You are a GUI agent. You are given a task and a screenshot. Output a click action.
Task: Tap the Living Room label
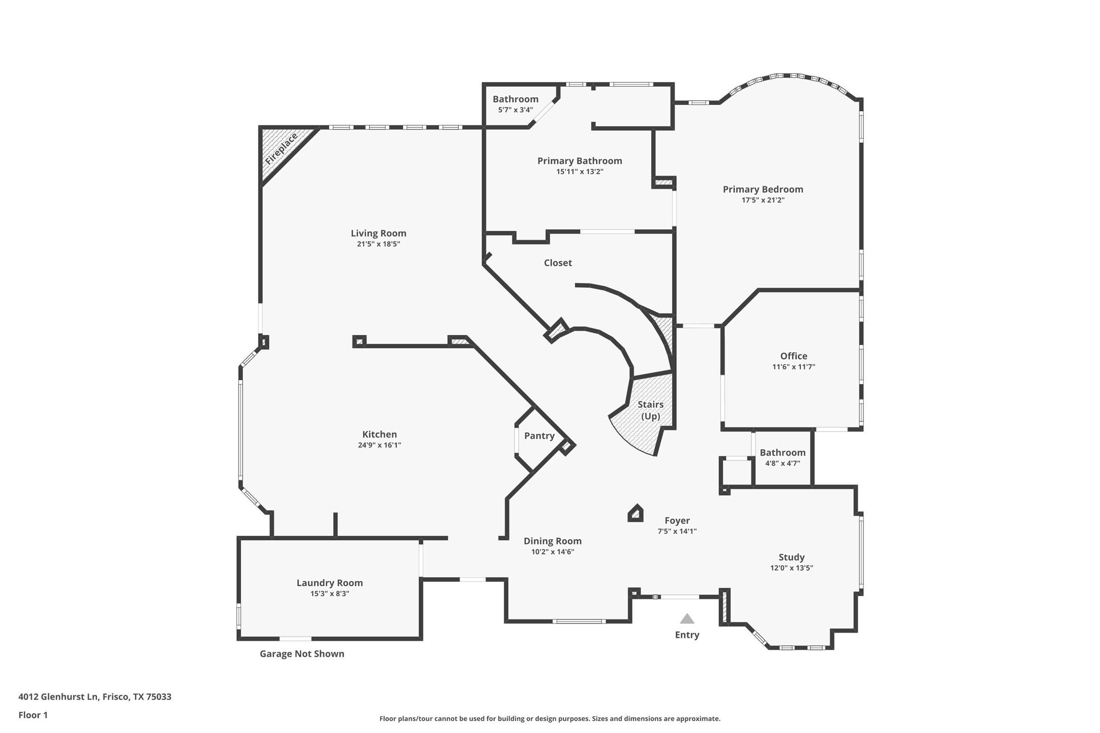pyautogui.click(x=378, y=233)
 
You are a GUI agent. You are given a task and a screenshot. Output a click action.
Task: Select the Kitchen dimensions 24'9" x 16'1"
pyautogui.click(x=379, y=445)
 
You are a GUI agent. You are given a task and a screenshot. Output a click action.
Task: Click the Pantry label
pyautogui.click(x=539, y=436)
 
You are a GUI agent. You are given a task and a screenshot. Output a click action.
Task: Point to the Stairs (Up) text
pyautogui.click(x=650, y=410)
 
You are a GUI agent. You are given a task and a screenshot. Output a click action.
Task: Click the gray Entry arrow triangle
pyautogui.click(x=687, y=619)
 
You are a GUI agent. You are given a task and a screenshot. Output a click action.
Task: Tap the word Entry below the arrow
pyautogui.click(x=687, y=635)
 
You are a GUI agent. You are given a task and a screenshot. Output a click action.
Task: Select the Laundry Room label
pyautogui.click(x=330, y=583)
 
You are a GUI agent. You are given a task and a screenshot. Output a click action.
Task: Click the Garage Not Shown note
pyautogui.click(x=302, y=654)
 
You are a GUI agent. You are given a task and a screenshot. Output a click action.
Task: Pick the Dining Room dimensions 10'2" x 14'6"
pyautogui.click(x=553, y=552)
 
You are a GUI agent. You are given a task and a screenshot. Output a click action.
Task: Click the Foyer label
pyautogui.click(x=677, y=520)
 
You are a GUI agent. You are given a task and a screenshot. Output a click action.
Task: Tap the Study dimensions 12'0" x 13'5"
pyautogui.click(x=792, y=568)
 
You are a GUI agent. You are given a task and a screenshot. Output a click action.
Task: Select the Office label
pyautogui.click(x=794, y=356)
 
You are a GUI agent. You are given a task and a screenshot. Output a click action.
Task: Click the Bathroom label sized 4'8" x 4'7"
pyautogui.click(x=782, y=453)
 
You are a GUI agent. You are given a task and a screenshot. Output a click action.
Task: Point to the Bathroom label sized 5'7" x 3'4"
pyautogui.click(x=516, y=99)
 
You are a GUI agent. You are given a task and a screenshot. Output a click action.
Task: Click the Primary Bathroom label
pyautogui.click(x=579, y=161)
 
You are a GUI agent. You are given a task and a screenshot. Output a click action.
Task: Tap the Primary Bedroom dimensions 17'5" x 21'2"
pyautogui.click(x=763, y=200)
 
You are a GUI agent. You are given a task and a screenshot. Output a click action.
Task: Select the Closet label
pyautogui.click(x=558, y=263)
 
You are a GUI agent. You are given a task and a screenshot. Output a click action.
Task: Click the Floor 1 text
pyautogui.click(x=33, y=715)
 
